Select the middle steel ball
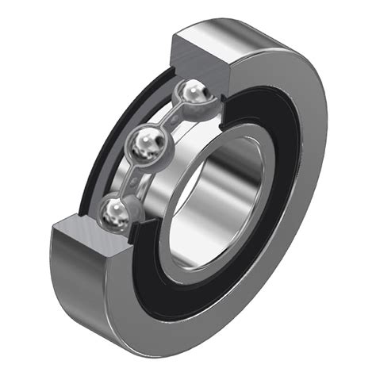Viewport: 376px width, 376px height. (147, 144)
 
